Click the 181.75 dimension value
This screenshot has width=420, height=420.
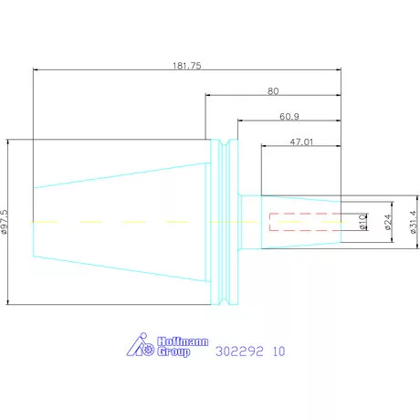pos(187,66)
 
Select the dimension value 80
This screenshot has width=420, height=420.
pos(273,91)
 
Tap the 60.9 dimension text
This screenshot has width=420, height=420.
pos(289,117)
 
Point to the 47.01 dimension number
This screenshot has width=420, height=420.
pos(301,142)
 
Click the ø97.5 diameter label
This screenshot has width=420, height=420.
pos(5,222)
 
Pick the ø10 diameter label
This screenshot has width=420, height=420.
pos(362,221)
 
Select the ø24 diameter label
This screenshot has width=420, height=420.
pos(388,222)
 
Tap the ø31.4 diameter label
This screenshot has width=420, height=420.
pos(413,222)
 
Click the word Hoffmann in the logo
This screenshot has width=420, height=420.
pos(183,341)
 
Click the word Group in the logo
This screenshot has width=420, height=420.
pos(173,352)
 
